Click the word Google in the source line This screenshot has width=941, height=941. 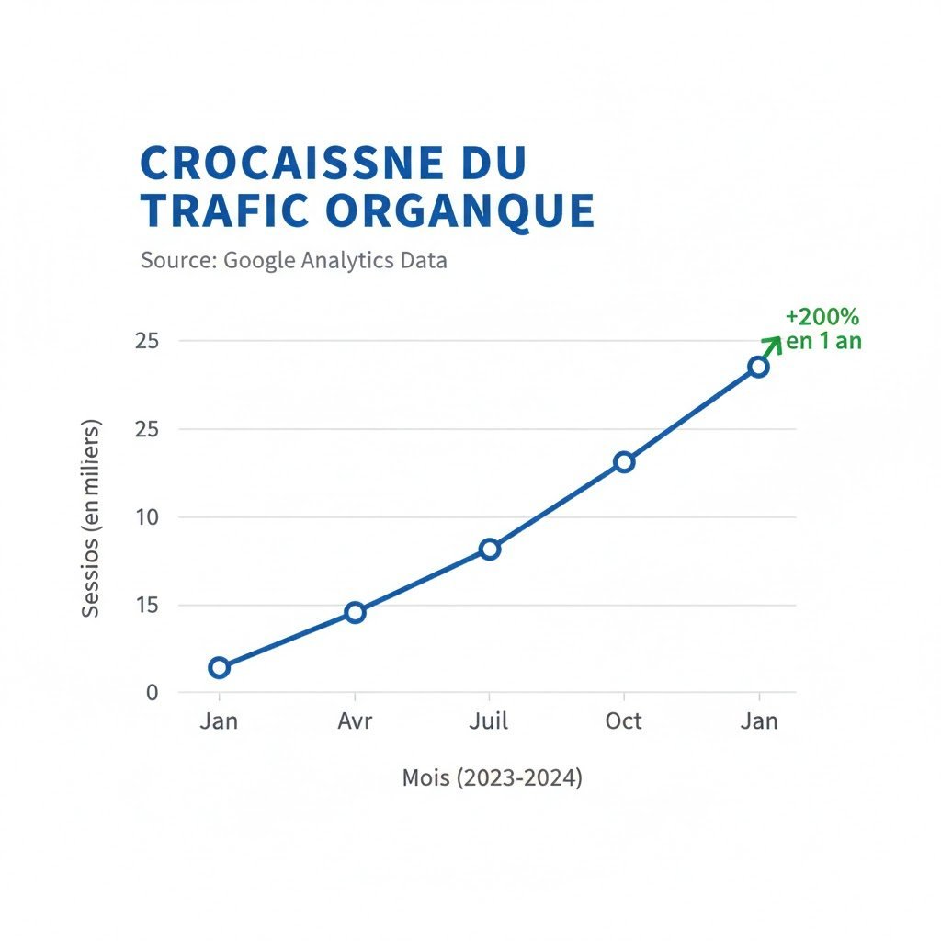coord(260,260)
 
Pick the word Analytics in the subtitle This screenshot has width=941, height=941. coord(348,260)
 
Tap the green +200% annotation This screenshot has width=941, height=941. coord(822,317)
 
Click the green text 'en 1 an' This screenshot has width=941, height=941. coord(824,341)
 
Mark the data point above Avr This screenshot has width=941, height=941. coord(355,612)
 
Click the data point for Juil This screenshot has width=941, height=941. coord(490,549)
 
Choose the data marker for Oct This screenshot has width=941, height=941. coord(624,461)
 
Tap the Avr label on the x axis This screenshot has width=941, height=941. coord(355,721)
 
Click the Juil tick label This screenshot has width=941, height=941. coord(490,721)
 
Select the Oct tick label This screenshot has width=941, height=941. coord(623,721)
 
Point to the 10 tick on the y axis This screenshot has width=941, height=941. coord(148,517)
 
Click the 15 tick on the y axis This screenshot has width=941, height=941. coord(148,606)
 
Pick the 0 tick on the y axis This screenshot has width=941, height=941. coord(153,693)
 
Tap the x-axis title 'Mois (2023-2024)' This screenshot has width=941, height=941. coord(492,778)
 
